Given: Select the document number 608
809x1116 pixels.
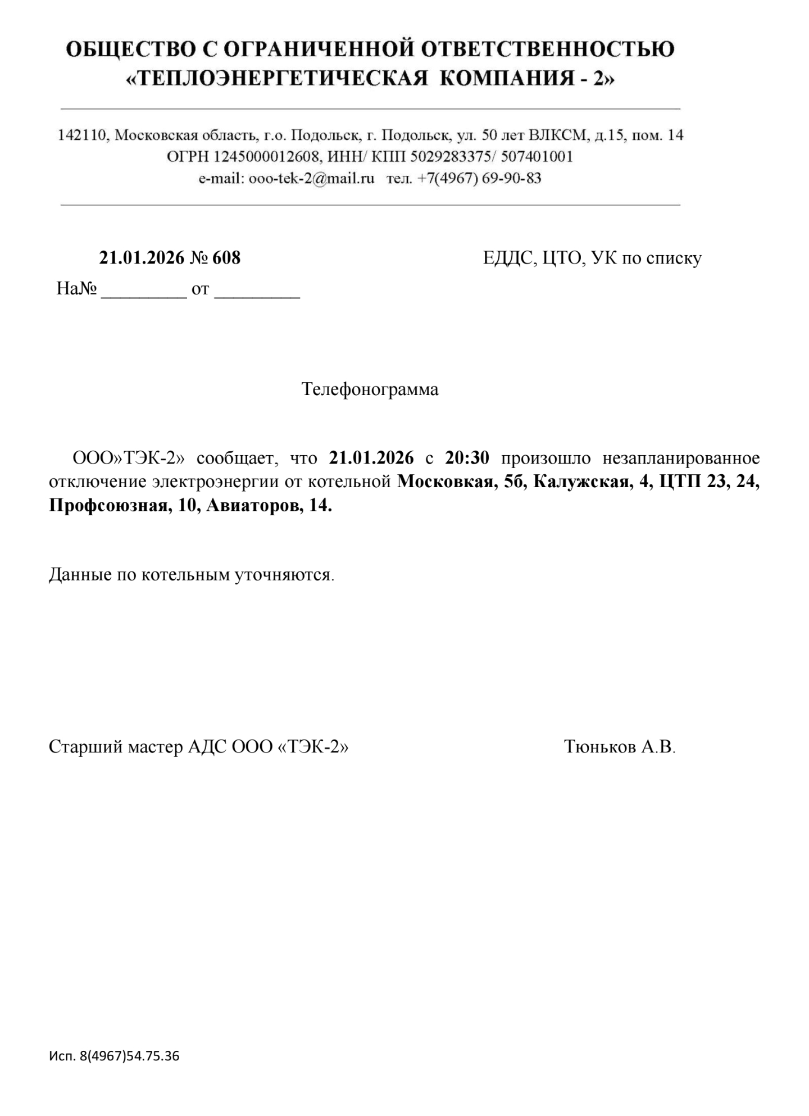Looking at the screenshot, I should [x=226, y=258].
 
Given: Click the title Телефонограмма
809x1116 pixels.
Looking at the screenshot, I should [x=370, y=389].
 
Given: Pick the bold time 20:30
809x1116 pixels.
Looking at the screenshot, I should [x=467, y=458].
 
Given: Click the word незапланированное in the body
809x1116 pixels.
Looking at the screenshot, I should [x=681, y=458].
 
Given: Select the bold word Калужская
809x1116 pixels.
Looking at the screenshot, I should [x=580, y=482].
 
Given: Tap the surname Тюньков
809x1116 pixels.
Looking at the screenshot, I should [x=600, y=747].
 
